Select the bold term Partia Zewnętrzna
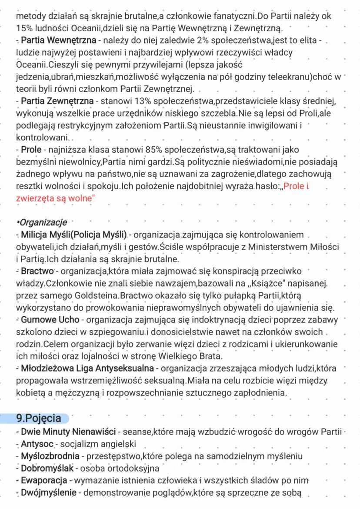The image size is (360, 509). click(x=57, y=101)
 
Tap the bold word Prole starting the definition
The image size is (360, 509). click(x=31, y=150)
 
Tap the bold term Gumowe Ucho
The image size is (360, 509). click(x=50, y=320)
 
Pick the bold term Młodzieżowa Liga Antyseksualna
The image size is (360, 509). click(x=87, y=368)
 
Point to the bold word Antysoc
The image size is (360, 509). click(x=37, y=444)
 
